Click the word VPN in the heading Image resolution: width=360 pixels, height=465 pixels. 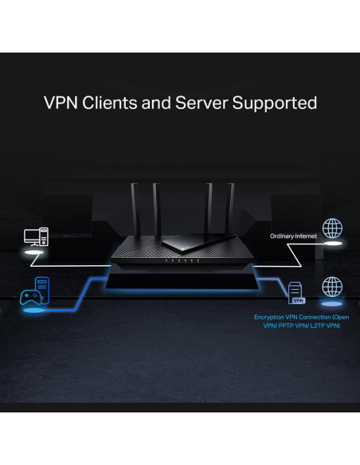pos(61,104)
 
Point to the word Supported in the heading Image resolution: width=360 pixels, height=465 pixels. pos(276,104)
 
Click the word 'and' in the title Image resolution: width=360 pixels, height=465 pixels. pos(162,104)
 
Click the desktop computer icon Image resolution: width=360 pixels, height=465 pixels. pos(37,236)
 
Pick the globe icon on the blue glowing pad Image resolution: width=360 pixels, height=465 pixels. pos(331,287)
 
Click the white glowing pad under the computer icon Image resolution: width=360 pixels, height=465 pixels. pos(37,252)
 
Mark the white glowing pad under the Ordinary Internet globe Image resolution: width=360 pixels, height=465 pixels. pos(331,248)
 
